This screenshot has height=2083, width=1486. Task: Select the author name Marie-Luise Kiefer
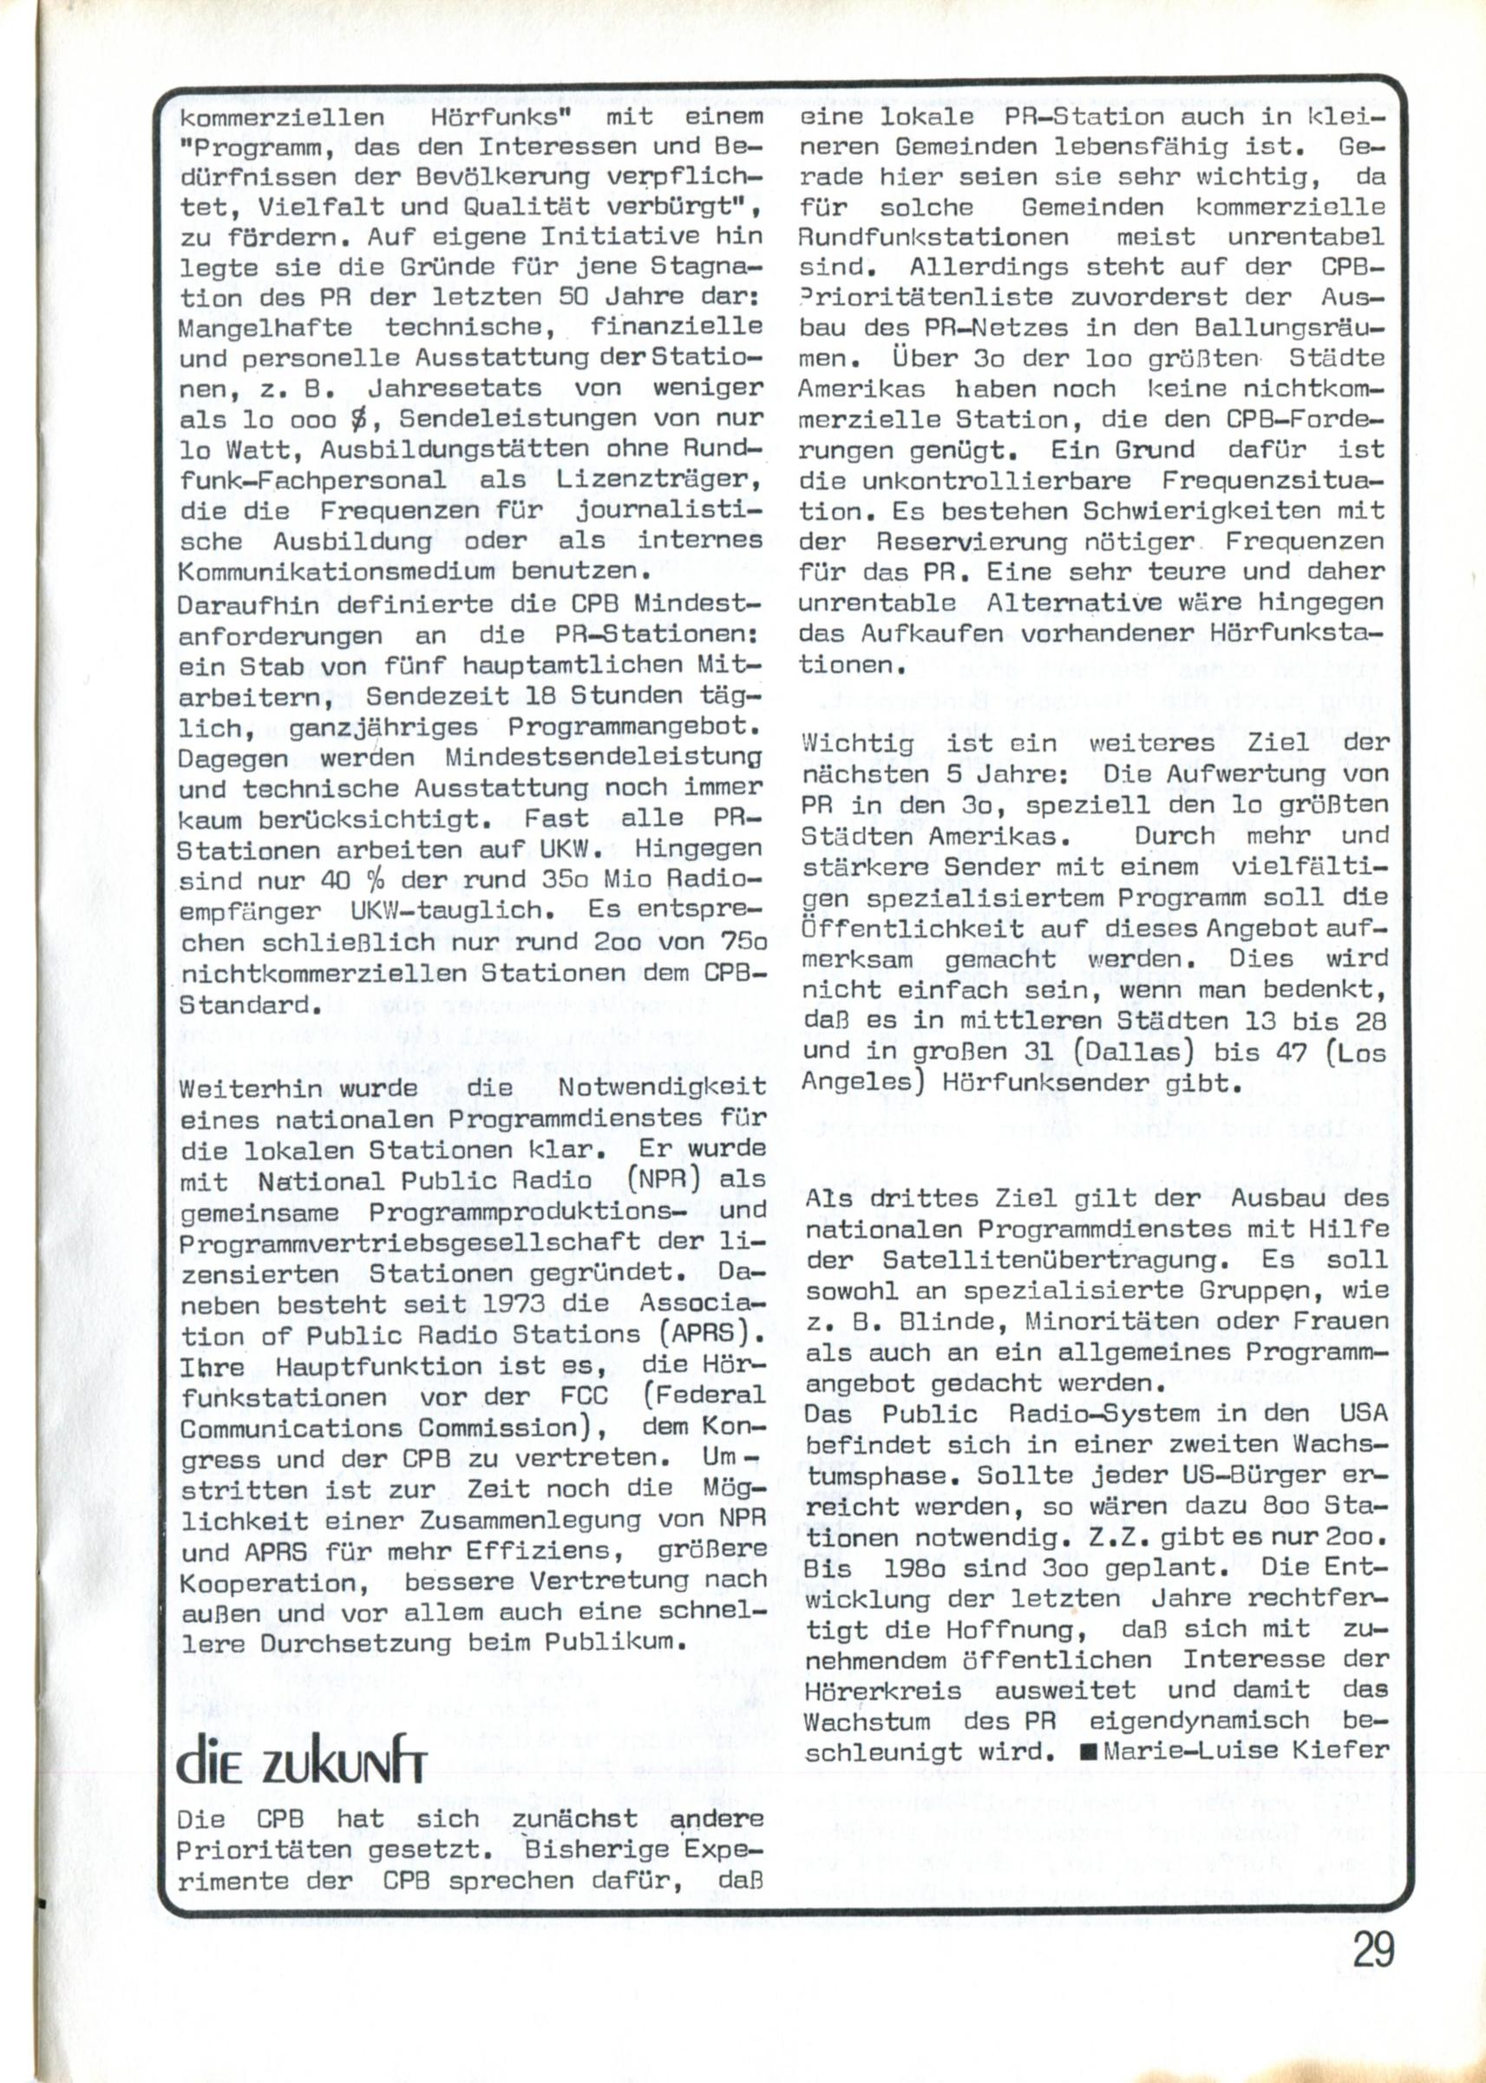(1246, 1750)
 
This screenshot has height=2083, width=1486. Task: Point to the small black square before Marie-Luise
(1088, 1751)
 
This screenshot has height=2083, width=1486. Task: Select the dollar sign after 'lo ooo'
(371, 419)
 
